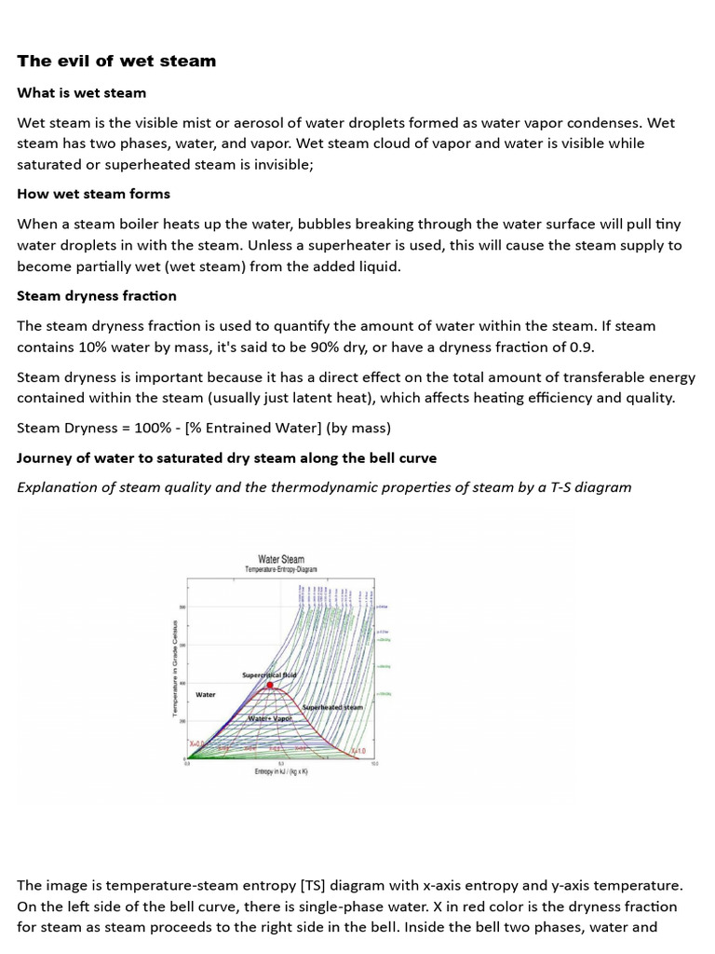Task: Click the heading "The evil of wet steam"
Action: pos(116,61)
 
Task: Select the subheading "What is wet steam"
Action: pos(81,93)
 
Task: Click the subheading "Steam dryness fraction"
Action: pos(97,295)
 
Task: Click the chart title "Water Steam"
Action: pos(280,560)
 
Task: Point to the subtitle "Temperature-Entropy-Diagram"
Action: pos(280,569)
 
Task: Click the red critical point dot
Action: pos(270,685)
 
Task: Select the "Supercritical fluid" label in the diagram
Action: pos(269,675)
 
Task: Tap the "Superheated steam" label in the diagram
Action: pos(332,708)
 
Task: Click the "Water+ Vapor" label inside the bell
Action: pos(270,718)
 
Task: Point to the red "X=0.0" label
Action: pos(197,744)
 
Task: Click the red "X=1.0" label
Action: pos(357,751)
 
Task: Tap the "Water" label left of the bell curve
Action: pos(206,694)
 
